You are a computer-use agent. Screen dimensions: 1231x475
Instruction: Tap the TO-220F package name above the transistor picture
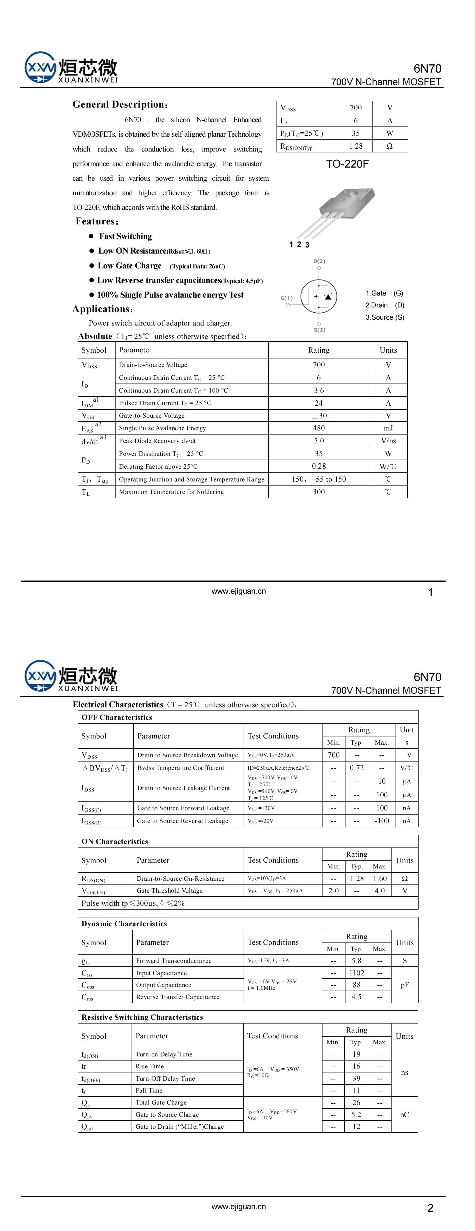347,164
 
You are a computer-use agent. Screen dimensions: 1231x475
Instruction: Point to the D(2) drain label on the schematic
319,261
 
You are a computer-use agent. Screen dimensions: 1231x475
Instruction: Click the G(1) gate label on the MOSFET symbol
286,298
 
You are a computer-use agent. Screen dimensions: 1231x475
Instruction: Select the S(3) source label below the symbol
319,330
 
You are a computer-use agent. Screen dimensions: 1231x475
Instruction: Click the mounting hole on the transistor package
354,194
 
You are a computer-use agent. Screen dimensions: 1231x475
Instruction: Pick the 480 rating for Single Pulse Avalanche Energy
318,428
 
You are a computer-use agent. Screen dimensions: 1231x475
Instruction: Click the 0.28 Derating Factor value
318,466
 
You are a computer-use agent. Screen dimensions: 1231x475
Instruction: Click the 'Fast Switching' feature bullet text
125,236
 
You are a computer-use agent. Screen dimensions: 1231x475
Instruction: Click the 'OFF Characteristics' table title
116,717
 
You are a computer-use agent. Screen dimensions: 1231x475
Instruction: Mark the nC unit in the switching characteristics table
404,1114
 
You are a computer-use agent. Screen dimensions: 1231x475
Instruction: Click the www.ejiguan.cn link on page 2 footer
238,1206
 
